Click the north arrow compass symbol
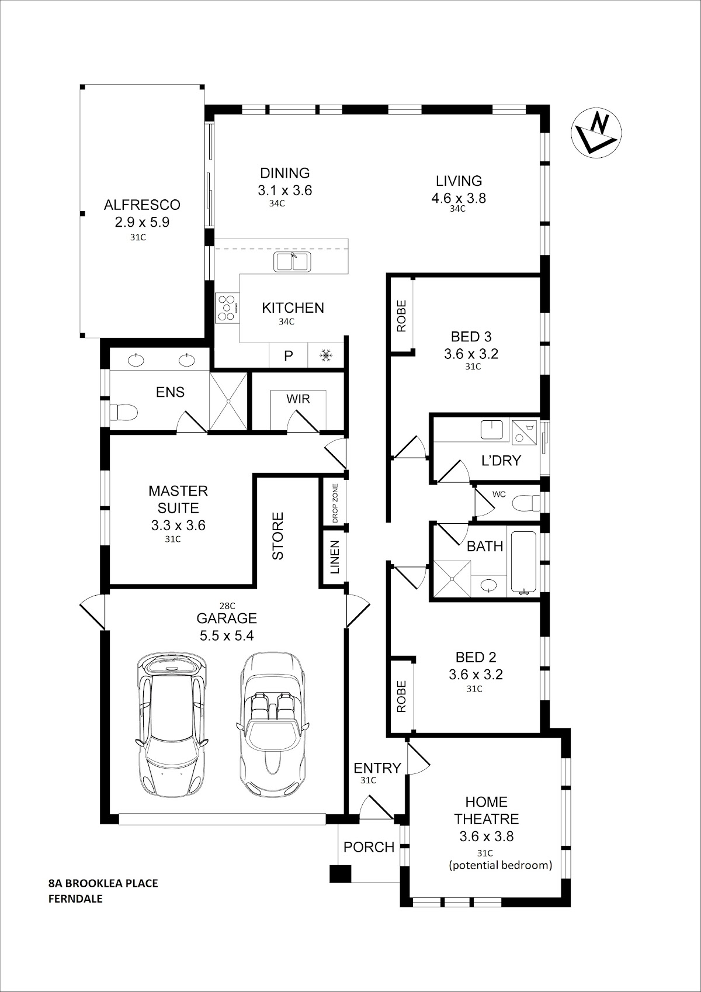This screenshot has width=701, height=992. point(596,132)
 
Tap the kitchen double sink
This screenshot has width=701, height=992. point(292,262)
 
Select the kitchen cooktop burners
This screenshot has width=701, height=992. point(227,307)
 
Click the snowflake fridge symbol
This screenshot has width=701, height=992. point(326,355)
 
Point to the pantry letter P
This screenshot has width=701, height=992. point(289,355)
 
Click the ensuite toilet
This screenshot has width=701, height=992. point(123,413)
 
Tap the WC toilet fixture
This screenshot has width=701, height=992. point(526,503)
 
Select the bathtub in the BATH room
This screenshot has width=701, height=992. point(525,562)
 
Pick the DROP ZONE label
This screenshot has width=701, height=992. point(335,503)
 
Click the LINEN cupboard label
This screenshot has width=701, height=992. point(335,557)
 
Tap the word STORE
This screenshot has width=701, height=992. point(277,536)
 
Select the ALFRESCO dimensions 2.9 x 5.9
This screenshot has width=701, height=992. point(142,222)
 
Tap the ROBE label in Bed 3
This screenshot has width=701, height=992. point(401,316)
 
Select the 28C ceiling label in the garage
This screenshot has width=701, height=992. point(227,606)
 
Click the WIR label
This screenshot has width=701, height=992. point(298,399)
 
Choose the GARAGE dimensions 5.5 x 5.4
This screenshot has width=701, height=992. point(227,635)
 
